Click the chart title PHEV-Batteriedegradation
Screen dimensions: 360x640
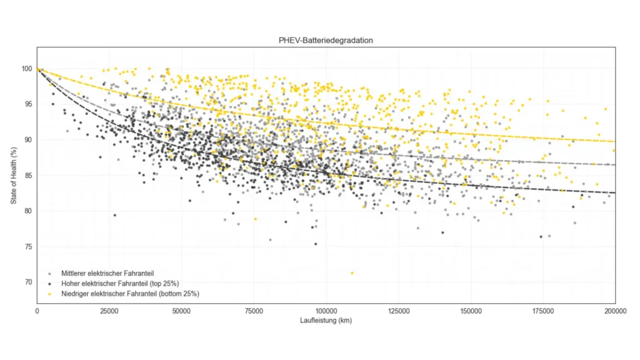326,40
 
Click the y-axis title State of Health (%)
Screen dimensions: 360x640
14,176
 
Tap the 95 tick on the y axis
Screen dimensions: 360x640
28,104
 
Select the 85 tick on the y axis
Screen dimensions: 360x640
28,176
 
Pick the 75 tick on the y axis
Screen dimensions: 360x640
28,247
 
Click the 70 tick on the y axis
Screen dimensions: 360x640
28,282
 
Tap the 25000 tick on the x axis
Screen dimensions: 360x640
109,310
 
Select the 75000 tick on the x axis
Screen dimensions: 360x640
254,310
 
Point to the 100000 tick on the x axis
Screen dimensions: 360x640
326,310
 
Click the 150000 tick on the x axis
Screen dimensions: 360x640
470,310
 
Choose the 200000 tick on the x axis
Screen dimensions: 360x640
614,310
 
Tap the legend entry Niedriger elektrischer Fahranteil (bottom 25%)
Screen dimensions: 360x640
130,293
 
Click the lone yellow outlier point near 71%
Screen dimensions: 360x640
352,273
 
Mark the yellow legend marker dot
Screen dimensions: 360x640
49,293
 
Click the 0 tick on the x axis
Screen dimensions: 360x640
37,310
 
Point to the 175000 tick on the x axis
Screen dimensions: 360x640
542,310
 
